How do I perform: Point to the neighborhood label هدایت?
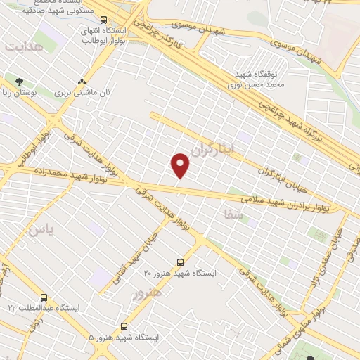point(24,46)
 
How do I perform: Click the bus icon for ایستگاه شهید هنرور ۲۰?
point(181,262)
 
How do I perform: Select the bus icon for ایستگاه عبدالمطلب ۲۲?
point(44,298)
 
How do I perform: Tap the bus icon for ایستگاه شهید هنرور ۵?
point(124,326)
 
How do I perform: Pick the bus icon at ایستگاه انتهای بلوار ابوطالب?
point(104,20)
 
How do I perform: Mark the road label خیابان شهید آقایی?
point(136,254)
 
